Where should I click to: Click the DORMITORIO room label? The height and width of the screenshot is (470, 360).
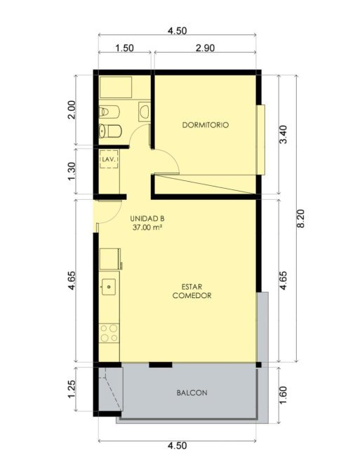coord(206,125)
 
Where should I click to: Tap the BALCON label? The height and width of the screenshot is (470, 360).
coord(192,393)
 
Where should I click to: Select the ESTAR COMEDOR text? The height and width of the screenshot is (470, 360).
coord(192,291)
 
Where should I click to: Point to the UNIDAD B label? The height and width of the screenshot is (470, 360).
coord(147,218)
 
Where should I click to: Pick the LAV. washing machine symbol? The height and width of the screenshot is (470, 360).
coord(109,159)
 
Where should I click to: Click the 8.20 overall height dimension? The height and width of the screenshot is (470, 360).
coord(300,218)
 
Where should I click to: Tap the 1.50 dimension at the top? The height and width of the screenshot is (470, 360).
coord(124,48)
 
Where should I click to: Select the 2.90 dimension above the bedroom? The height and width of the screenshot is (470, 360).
coord(205,48)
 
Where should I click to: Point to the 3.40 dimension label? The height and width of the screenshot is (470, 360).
coord(284,134)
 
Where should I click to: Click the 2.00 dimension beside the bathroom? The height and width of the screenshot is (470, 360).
coord(72,109)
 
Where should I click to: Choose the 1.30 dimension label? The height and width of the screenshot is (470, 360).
coord(72,171)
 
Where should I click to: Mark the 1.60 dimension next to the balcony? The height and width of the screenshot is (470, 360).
coord(284,395)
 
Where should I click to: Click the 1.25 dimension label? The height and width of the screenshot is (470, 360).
coord(72,389)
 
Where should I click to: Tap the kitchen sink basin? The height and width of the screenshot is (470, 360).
coord(109,287)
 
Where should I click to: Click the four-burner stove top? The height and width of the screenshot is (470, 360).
coord(109,333)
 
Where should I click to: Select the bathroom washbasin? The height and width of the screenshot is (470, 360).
coord(145,112)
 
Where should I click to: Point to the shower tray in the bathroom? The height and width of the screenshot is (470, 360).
coord(116,87)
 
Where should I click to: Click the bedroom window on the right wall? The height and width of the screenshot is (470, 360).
coord(261,140)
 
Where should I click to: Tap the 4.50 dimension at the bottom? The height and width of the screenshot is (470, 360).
coord(177,445)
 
